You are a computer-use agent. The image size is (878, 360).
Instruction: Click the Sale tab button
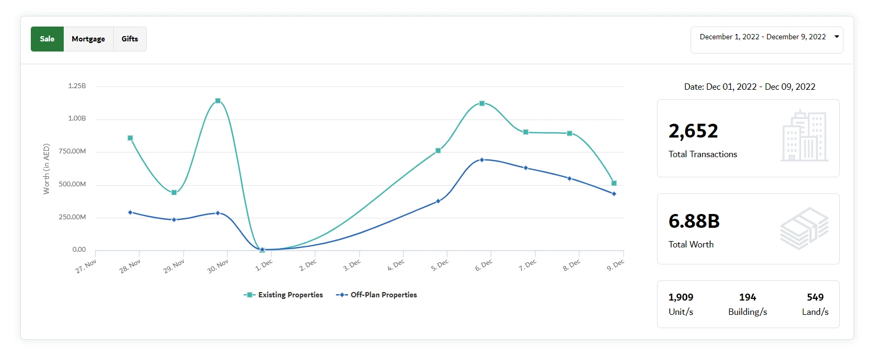(x=47, y=39)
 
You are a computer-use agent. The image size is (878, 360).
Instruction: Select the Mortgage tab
(x=88, y=39)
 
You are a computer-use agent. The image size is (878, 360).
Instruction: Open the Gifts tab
(x=130, y=39)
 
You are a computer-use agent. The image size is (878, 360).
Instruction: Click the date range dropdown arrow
(x=837, y=37)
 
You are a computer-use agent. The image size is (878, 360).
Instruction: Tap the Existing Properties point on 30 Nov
(x=218, y=101)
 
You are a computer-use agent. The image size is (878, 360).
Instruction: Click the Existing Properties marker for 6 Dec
(x=482, y=104)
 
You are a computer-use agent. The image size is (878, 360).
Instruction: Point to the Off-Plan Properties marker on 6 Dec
(x=482, y=160)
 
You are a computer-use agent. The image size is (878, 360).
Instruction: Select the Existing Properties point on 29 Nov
(x=174, y=193)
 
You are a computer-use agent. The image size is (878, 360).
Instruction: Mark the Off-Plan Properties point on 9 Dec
(x=614, y=194)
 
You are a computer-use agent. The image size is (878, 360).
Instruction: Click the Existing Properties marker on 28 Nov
(x=130, y=138)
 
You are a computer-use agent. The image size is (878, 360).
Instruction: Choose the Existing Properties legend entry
(x=284, y=295)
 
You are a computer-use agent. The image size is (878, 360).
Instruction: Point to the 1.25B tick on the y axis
(x=77, y=86)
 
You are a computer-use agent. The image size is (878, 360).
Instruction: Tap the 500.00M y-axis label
(x=72, y=184)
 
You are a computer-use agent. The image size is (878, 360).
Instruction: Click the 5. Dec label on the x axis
(x=440, y=265)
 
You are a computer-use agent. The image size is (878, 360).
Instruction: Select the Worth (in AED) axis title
(x=46, y=169)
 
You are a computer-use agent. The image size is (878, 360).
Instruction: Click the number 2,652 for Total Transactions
(x=693, y=131)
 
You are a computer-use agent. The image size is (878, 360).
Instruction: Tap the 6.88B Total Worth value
(x=694, y=221)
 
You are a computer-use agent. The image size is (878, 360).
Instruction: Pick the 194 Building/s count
(x=747, y=297)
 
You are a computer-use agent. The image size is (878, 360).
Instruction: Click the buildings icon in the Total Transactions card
(x=804, y=136)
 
